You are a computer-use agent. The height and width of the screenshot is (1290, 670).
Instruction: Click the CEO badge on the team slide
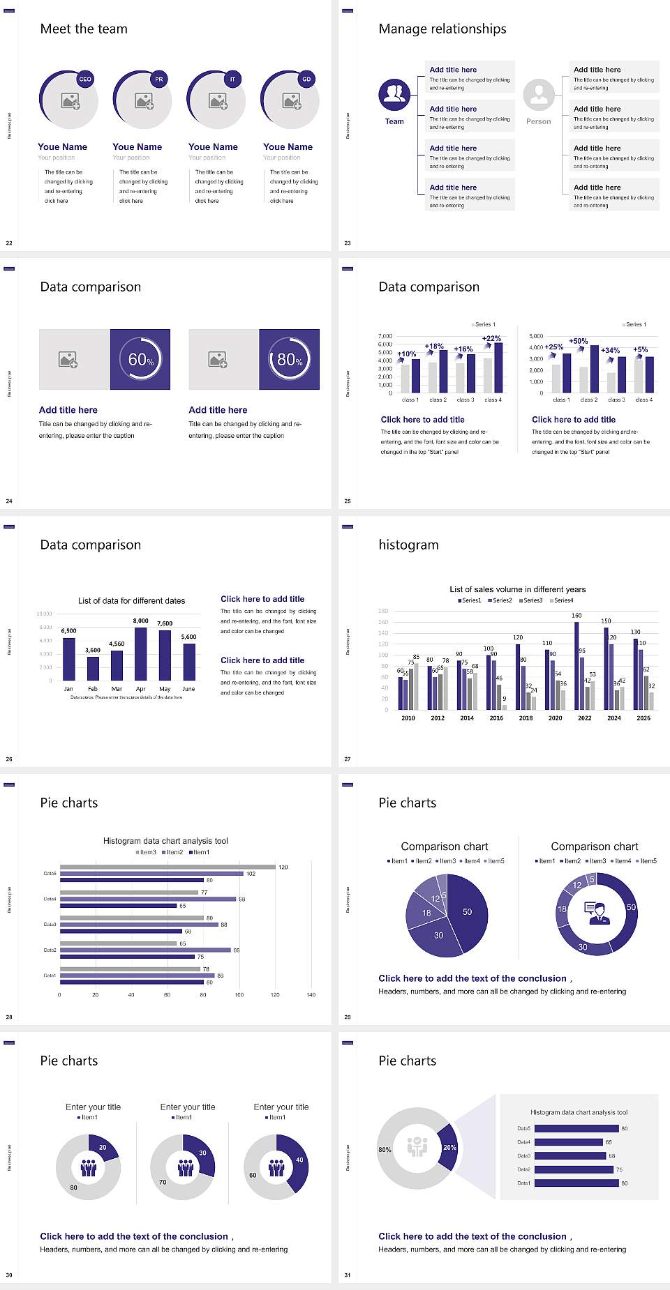85,79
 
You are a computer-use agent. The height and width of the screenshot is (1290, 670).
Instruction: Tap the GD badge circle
306,79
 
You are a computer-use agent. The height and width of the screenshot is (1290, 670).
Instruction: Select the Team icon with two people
394,95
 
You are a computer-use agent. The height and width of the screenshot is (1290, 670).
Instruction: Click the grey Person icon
539,95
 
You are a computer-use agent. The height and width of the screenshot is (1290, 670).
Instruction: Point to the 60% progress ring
140,359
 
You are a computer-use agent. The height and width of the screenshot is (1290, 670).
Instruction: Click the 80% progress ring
290,359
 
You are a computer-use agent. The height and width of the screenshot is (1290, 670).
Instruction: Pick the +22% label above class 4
491,339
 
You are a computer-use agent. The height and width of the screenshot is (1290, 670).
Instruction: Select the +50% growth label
578,342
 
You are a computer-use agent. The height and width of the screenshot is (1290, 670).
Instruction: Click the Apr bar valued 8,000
141,653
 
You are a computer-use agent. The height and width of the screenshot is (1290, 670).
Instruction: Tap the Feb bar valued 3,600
93,668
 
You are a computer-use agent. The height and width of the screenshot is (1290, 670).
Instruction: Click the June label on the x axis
188,689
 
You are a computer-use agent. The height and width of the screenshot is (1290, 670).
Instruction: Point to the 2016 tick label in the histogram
496,718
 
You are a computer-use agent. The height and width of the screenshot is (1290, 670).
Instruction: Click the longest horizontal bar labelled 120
167,867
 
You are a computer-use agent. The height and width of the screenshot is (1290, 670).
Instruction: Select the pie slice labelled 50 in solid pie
468,911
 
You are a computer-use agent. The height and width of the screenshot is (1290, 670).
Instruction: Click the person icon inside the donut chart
597,913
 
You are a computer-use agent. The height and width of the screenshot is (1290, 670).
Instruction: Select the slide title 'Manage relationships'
442,29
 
